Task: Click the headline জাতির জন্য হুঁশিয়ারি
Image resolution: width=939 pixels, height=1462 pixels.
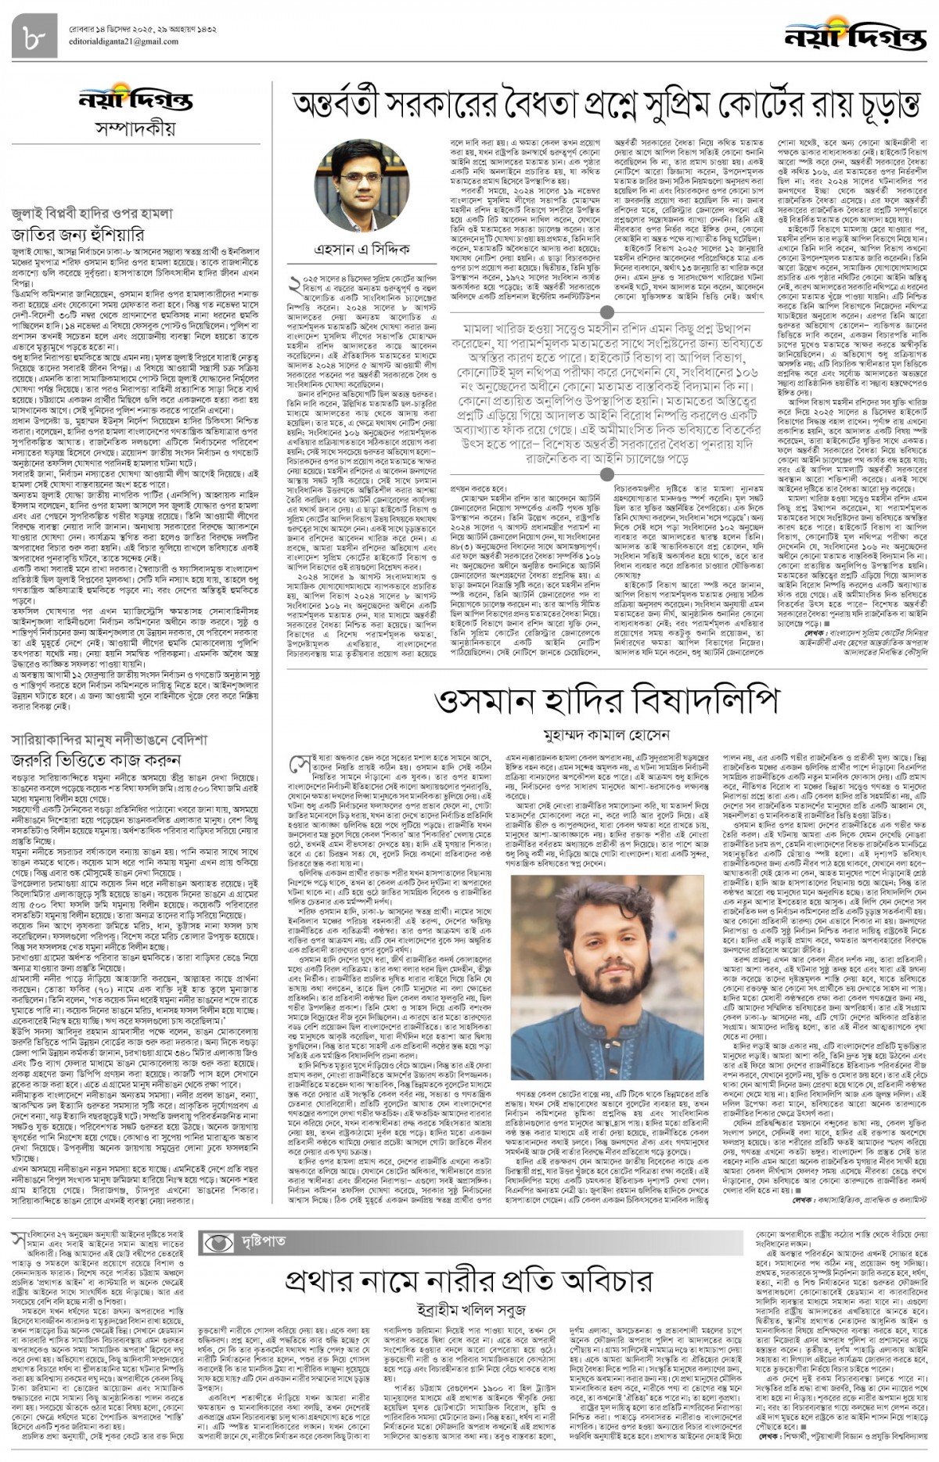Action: [77, 234]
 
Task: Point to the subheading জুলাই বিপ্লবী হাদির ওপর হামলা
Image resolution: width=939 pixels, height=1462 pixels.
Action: [92, 213]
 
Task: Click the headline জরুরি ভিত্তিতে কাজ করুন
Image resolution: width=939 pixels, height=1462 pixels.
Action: [96, 760]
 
